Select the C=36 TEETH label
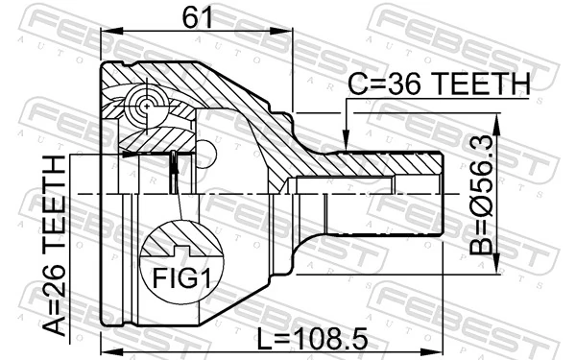point(439,85)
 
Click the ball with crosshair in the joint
point(145,102)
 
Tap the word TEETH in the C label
point(477,85)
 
